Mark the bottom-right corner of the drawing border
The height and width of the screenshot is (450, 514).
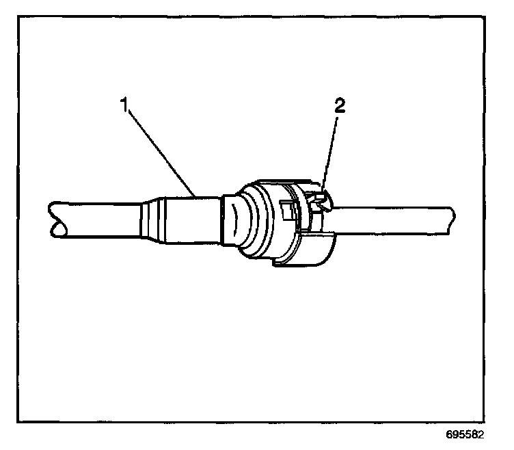tap(496, 422)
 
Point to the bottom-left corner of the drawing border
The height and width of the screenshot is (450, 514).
tap(18, 422)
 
